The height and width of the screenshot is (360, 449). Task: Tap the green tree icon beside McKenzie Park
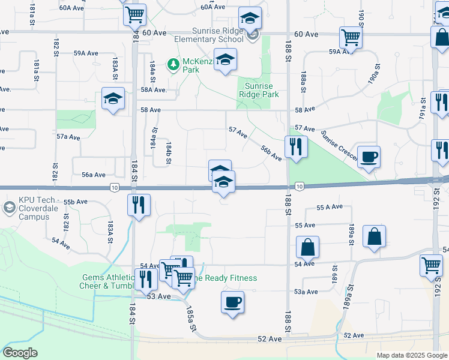click(x=173, y=63)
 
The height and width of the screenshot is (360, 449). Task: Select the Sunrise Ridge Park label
click(x=259, y=90)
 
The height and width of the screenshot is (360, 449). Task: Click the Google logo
click(x=20, y=353)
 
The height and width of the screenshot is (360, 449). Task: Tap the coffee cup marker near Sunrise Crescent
click(x=369, y=157)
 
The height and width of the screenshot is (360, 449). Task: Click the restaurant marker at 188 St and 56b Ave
click(x=295, y=147)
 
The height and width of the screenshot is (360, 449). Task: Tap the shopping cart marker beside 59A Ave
click(x=351, y=37)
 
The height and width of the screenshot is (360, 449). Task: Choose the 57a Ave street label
click(x=68, y=137)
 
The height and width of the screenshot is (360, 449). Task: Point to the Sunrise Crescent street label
click(x=339, y=146)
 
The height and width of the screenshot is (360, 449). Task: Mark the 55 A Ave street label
click(x=330, y=207)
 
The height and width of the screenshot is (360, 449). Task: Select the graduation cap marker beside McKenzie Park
click(x=225, y=59)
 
